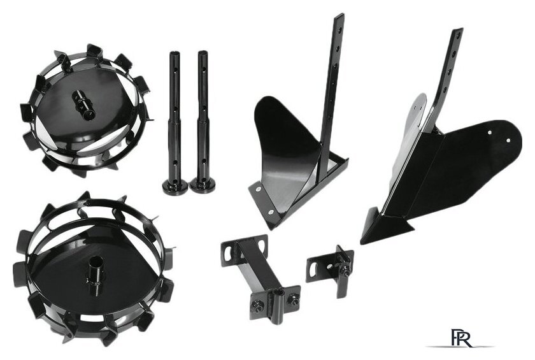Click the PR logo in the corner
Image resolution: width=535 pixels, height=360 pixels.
461,338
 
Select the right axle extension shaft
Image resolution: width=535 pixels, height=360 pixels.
203,120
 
